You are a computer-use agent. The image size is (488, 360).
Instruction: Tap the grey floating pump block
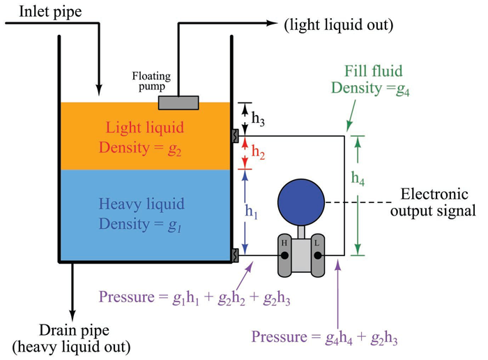pyautogui.click(x=178, y=103)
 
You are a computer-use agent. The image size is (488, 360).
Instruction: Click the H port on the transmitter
pyautogui.click(x=284, y=255)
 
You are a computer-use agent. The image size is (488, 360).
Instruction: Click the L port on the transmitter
pyautogui.click(x=317, y=255)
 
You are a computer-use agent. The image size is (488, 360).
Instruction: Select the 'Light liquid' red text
pyautogui.click(x=145, y=128)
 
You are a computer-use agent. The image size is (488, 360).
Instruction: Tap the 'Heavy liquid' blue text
pyautogui.click(x=142, y=204)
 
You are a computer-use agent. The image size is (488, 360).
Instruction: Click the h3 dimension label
pyautogui.click(x=258, y=119)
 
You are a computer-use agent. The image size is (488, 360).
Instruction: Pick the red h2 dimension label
pyautogui.click(x=258, y=151)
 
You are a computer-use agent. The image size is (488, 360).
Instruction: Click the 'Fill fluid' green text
pyautogui.click(x=374, y=72)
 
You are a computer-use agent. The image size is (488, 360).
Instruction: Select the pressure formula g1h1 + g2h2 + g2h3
pyautogui.click(x=195, y=299)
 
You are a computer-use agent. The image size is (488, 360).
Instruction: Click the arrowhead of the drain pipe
pyautogui.click(x=71, y=312)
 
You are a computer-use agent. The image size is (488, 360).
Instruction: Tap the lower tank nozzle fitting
pyautogui.click(x=236, y=255)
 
